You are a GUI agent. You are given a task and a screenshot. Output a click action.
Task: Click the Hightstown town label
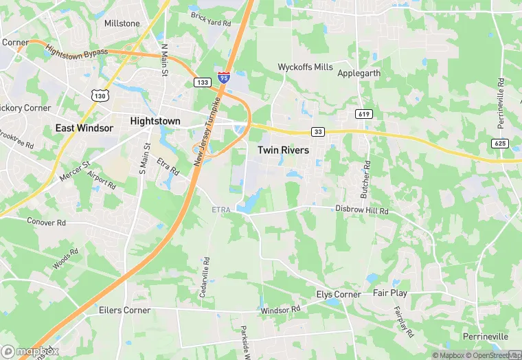(155, 121)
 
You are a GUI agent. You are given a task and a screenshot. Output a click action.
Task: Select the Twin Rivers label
(283, 149)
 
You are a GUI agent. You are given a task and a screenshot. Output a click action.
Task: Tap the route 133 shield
(203, 82)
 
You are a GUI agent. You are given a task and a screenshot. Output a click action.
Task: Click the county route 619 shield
(364, 113)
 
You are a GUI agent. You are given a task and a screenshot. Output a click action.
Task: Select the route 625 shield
(499, 143)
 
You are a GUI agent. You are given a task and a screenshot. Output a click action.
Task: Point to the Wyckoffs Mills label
(305, 67)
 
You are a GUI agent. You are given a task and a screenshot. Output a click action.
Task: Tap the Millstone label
(122, 23)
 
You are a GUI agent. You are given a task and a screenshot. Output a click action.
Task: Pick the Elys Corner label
(338, 294)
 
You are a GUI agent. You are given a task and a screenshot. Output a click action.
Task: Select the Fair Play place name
(390, 293)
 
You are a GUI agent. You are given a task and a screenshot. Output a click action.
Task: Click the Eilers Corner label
(124, 310)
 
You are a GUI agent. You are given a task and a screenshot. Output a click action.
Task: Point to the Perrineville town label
(485, 337)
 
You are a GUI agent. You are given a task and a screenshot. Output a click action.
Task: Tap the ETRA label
(222, 209)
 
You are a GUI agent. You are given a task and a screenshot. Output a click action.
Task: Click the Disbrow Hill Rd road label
(362, 210)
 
